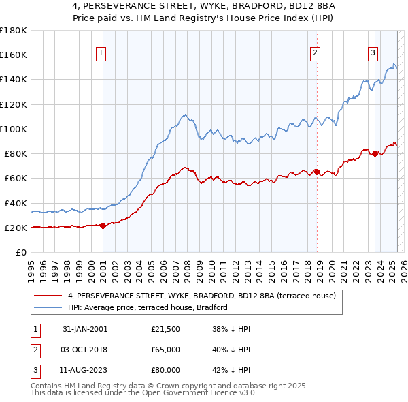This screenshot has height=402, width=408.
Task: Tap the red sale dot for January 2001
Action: [103, 226]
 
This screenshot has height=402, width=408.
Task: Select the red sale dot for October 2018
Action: [317, 172]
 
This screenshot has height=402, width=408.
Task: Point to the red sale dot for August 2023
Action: [375, 153]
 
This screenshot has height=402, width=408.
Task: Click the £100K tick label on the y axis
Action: [14, 129]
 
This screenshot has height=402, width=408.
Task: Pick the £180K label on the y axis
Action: [14, 31]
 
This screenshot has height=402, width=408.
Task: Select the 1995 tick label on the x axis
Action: [31, 270]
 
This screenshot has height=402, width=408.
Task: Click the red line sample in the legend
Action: [48, 296]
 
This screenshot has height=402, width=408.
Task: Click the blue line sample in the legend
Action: [48, 308]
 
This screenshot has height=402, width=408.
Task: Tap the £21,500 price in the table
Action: [165, 329]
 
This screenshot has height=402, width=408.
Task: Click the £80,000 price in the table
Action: [165, 370]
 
